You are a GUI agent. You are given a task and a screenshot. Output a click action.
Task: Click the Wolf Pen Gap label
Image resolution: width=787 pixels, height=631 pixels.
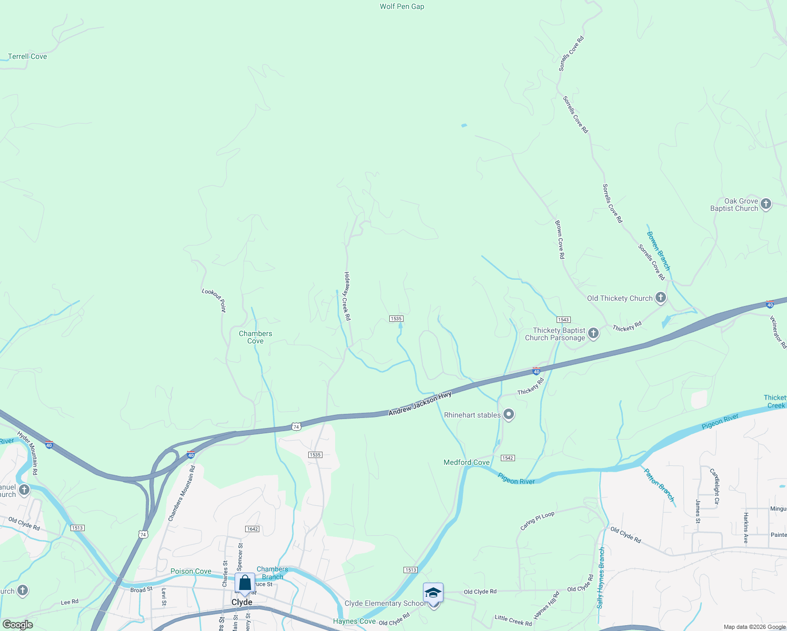[x=402, y=7]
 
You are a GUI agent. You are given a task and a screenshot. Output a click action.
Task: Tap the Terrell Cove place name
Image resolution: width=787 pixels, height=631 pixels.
[x=27, y=56]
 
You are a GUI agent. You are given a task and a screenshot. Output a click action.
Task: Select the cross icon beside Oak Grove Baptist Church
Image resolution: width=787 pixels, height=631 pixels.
[x=766, y=204]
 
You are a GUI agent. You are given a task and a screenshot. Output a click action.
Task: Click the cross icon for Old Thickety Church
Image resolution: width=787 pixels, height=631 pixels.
[x=661, y=298]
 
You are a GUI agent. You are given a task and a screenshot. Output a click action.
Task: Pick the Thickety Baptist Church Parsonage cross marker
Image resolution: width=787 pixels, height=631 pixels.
[x=593, y=333]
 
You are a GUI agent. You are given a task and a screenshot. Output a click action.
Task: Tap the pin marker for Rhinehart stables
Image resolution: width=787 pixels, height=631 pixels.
[x=509, y=415]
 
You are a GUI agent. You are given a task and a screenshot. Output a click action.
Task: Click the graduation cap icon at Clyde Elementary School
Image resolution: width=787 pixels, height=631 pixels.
[x=433, y=593]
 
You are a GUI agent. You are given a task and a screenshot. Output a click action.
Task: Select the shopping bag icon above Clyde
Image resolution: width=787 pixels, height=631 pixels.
[x=245, y=583]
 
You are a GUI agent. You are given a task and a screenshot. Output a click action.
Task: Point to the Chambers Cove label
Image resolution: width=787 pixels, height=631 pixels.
[x=256, y=337]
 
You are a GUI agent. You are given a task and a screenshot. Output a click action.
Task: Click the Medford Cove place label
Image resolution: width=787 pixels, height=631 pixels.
[x=467, y=463]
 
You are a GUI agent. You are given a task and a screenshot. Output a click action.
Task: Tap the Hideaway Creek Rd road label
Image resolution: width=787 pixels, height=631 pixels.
[x=347, y=296]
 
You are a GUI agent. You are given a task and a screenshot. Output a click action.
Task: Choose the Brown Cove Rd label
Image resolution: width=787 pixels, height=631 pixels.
[x=560, y=239]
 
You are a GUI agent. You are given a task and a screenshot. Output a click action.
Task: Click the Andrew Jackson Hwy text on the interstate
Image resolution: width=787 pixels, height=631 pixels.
[x=420, y=403]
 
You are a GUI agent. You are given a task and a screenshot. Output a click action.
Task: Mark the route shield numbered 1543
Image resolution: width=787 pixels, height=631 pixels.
[x=563, y=320]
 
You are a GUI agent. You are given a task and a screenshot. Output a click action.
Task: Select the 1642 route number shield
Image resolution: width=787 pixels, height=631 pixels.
[x=252, y=529]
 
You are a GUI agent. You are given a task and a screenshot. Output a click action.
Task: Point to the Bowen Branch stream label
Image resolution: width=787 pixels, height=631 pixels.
[x=659, y=251]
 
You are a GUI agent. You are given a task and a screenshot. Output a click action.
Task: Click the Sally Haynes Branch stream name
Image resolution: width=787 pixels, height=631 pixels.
[x=601, y=578]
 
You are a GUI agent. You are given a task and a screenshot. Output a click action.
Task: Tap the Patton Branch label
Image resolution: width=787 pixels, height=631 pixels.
[x=659, y=485]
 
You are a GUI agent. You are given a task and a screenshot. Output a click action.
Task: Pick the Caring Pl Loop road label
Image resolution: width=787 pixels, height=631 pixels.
[x=537, y=521]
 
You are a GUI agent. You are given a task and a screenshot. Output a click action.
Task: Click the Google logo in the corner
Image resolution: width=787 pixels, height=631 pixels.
[x=18, y=625]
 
